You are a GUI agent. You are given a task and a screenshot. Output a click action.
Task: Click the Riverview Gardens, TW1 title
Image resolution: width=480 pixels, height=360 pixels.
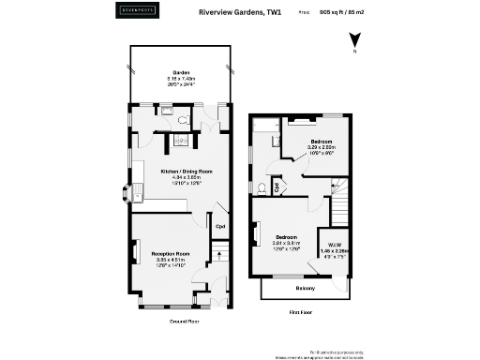[240, 13]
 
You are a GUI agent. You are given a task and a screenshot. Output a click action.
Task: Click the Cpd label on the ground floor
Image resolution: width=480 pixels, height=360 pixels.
[220, 226]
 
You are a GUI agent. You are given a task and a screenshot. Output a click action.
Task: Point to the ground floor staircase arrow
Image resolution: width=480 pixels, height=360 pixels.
[218, 252]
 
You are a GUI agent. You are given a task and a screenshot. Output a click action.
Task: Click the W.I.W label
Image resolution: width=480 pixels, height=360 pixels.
[335, 244]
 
